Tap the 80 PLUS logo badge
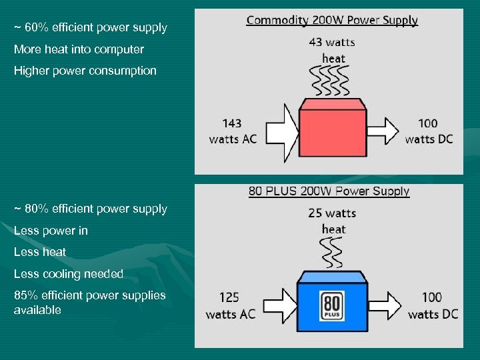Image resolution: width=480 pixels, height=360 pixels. (x=333, y=305)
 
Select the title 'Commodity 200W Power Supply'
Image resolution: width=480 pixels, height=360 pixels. (x=332, y=20)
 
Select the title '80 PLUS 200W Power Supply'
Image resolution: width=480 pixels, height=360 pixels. (x=329, y=192)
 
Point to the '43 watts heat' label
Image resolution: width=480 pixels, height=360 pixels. (x=332, y=50)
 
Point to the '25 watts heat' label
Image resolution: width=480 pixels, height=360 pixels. (x=332, y=221)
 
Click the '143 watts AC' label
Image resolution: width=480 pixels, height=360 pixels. (x=232, y=131)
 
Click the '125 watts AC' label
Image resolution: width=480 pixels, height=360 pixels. (x=230, y=305)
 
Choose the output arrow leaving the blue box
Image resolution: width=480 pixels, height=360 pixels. (x=385, y=305)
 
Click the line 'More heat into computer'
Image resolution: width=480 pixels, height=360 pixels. (x=79, y=49)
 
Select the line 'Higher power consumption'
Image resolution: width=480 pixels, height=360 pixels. (x=85, y=71)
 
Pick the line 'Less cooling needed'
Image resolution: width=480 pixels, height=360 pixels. (x=69, y=274)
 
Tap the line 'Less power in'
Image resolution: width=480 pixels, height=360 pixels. (x=51, y=231)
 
